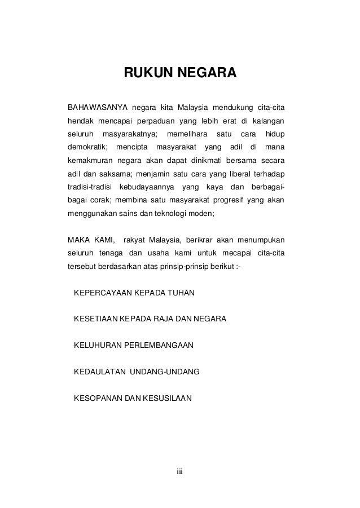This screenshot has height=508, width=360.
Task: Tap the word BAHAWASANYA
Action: (x=96, y=107)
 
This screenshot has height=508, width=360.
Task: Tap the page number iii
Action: (x=181, y=471)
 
